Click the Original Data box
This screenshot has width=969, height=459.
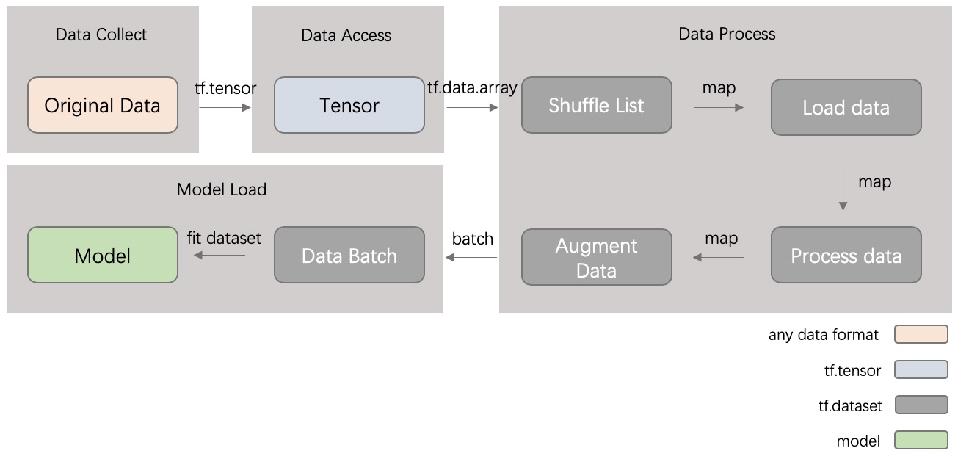pos(103,105)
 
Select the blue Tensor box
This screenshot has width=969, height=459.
pos(349,105)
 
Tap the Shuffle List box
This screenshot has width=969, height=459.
pos(596,105)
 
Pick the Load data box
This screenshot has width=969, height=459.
pos(846,107)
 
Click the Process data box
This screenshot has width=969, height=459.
pos(846,256)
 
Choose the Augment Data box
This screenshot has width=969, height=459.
pos(596,257)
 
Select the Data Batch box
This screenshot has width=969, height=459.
pos(349,255)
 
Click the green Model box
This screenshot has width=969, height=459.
pos(103,255)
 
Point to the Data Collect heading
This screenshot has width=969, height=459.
pos(101,35)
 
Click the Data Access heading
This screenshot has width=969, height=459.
pos(346,35)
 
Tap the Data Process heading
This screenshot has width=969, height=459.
pos(727,34)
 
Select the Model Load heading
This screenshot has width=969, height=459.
pos(222,189)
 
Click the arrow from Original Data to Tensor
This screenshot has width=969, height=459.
pos(225,107)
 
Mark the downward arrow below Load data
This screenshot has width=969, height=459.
pos(843,184)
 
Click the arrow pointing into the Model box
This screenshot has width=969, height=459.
pos(219,256)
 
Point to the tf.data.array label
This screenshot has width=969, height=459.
pos(472,87)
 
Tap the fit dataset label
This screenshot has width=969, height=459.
pos(224,238)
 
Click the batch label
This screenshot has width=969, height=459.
pos(473,239)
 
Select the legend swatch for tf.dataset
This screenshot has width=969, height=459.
pos(921,405)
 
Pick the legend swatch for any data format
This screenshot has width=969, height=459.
pos(921,335)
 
